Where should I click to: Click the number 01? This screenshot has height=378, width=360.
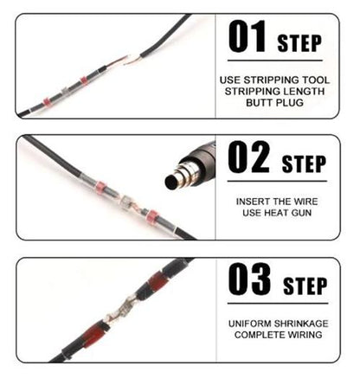(x=247, y=36)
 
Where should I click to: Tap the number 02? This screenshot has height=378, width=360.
(x=248, y=157)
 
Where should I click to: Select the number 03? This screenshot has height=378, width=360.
(x=249, y=279)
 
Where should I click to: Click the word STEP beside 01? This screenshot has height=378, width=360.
(x=299, y=43)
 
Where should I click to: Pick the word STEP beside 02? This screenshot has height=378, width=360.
(x=304, y=163)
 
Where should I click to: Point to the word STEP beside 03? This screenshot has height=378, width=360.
(x=305, y=285)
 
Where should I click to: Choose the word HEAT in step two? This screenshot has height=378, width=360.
(x=276, y=213)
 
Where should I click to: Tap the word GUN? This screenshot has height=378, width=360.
(x=301, y=213)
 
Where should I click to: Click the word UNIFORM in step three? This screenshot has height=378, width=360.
(x=250, y=324)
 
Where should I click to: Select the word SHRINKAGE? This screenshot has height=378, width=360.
(x=301, y=324)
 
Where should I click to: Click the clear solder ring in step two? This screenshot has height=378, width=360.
(x=126, y=201)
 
